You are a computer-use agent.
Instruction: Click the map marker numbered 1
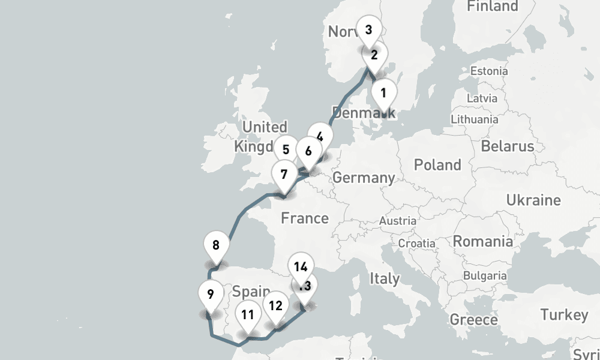pos(383,93)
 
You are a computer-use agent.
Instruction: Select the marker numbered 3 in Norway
pos(368,29)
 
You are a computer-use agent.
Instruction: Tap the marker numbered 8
pos(216,245)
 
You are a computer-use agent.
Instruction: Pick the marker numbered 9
pos(210,294)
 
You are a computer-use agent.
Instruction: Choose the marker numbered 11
pos(248,314)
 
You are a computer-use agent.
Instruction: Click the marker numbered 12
pos(275,305)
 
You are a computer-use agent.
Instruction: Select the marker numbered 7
pos(284,175)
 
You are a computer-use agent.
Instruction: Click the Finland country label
pos(492,7)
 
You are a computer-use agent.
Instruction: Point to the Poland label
pos(438,165)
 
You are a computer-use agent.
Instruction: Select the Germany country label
pos(364,178)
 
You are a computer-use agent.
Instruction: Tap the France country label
pos(305,218)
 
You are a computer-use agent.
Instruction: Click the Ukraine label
pos(533,200)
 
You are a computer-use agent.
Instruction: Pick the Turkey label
pos(564,315)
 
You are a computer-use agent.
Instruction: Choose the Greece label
pos(473,319)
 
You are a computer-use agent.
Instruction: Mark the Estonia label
pos(489,71)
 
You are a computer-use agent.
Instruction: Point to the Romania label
pos(483,241)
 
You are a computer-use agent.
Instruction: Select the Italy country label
pos(384,278)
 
